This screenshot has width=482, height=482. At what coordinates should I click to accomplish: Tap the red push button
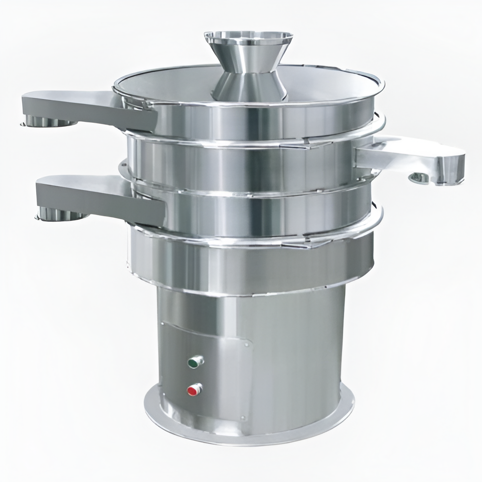[x=195, y=388]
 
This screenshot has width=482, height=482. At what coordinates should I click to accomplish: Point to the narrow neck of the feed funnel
[x=247, y=77]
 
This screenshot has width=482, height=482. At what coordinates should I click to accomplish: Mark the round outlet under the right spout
[x=419, y=178]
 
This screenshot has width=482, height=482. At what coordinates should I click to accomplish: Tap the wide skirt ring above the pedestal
[x=251, y=263]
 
